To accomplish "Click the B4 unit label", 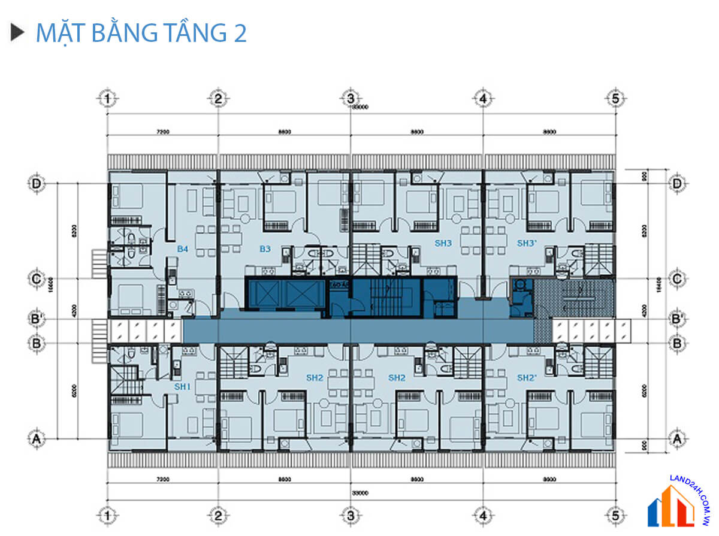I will point(183,247).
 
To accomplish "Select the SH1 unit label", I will point(182,387).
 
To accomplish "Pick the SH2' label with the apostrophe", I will point(527,378).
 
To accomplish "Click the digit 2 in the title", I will point(239,34).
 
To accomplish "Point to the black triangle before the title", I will point(17,32).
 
